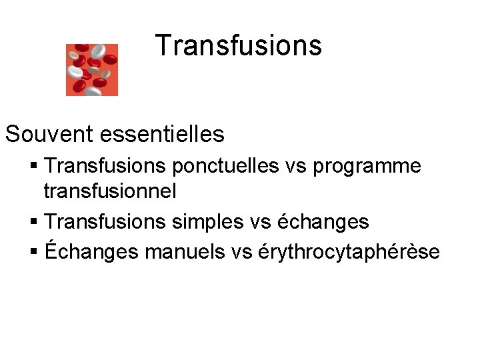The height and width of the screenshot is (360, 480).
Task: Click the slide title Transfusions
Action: click(x=239, y=46)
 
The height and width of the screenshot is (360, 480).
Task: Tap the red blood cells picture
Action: click(x=92, y=69)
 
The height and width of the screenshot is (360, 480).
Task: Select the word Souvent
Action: click(x=49, y=135)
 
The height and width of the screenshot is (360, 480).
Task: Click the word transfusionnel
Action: click(x=110, y=191)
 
